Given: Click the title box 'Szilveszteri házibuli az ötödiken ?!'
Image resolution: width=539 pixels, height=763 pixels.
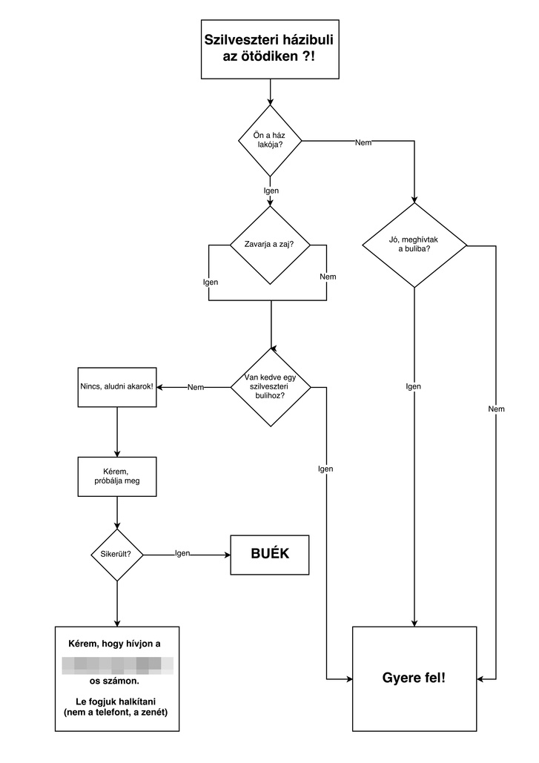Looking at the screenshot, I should (270, 49).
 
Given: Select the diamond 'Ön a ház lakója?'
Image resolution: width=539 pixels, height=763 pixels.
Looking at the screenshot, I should (270, 140).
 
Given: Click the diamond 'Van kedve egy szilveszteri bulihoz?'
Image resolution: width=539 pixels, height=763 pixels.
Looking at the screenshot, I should (270, 387).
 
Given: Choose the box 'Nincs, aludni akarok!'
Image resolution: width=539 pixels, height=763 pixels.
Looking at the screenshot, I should (117, 387).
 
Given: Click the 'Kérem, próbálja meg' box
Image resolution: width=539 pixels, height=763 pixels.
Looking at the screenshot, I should (117, 476).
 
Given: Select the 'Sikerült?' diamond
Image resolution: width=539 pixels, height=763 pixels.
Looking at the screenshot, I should (116, 555).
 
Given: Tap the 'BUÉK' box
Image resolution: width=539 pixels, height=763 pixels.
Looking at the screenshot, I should (270, 555).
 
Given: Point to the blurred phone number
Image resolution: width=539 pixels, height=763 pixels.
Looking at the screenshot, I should (117, 664).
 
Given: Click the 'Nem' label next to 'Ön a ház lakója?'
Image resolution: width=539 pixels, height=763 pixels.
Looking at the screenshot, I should (363, 142).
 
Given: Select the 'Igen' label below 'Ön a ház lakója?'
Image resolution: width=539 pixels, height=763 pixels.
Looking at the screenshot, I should (271, 191).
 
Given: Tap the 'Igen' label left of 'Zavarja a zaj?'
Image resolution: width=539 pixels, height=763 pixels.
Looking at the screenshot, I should (211, 283).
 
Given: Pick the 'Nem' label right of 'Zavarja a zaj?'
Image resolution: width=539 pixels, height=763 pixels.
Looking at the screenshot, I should (328, 277).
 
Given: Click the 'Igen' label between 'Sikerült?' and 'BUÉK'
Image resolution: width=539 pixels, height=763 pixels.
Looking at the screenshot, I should (182, 553).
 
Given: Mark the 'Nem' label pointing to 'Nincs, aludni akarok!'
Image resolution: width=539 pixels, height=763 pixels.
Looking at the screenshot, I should (196, 387).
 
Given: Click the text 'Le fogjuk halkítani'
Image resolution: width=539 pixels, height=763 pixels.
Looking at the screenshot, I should (117, 701).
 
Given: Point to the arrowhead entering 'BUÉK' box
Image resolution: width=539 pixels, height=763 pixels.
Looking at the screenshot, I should (227, 555).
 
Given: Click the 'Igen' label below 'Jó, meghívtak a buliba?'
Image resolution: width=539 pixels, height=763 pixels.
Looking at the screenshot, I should (414, 386).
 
